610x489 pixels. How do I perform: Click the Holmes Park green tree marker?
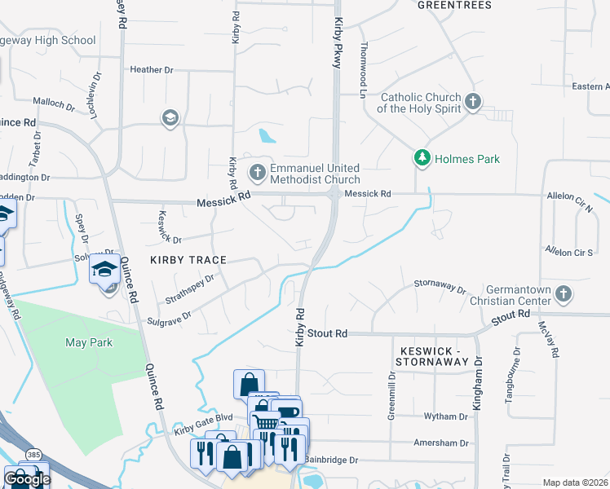tap(422, 158)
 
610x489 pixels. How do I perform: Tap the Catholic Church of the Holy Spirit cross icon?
tap(472, 103)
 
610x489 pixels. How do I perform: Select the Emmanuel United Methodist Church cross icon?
tap(257, 172)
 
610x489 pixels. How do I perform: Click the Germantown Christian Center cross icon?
tap(563, 293)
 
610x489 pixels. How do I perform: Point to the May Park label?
tap(89, 342)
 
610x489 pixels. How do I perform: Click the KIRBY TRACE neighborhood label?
tap(187, 259)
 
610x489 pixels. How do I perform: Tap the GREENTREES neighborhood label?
tap(454, 5)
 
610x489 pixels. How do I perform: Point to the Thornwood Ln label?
tap(362, 70)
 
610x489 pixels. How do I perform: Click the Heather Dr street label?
tap(152, 70)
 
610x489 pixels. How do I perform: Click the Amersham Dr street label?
tap(440, 443)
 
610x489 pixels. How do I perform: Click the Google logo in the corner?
tap(26, 478)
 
